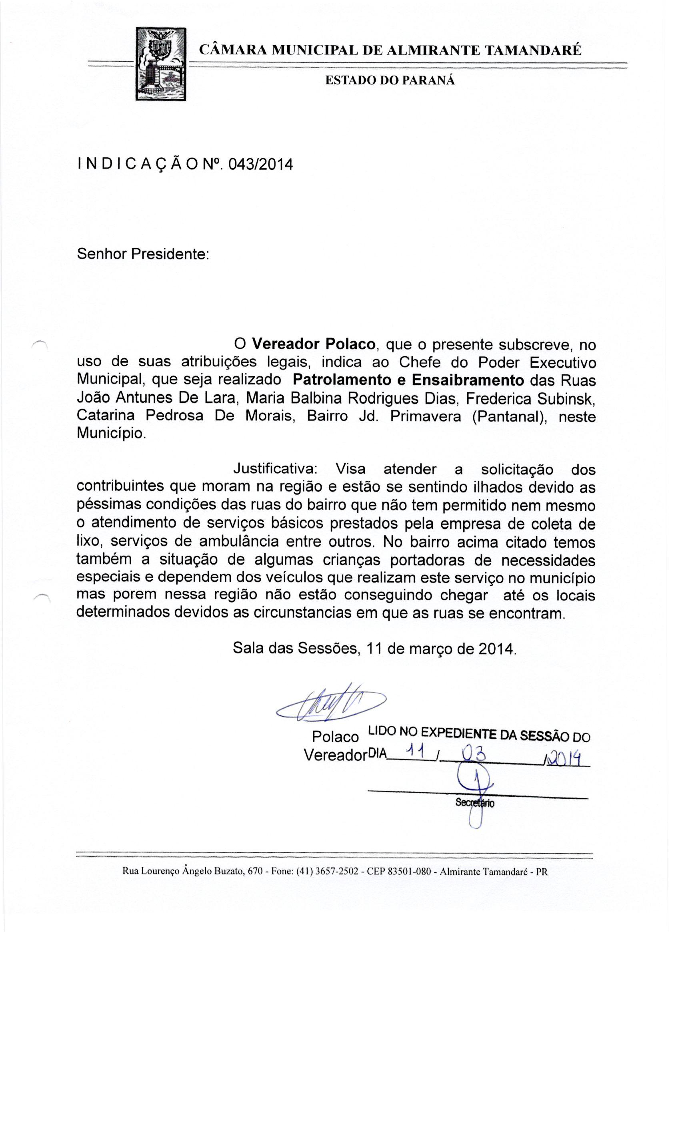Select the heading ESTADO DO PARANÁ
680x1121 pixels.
pos(390,80)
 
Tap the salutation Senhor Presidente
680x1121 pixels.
pos(143,253)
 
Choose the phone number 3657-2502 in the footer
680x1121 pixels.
pos(336,872)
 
